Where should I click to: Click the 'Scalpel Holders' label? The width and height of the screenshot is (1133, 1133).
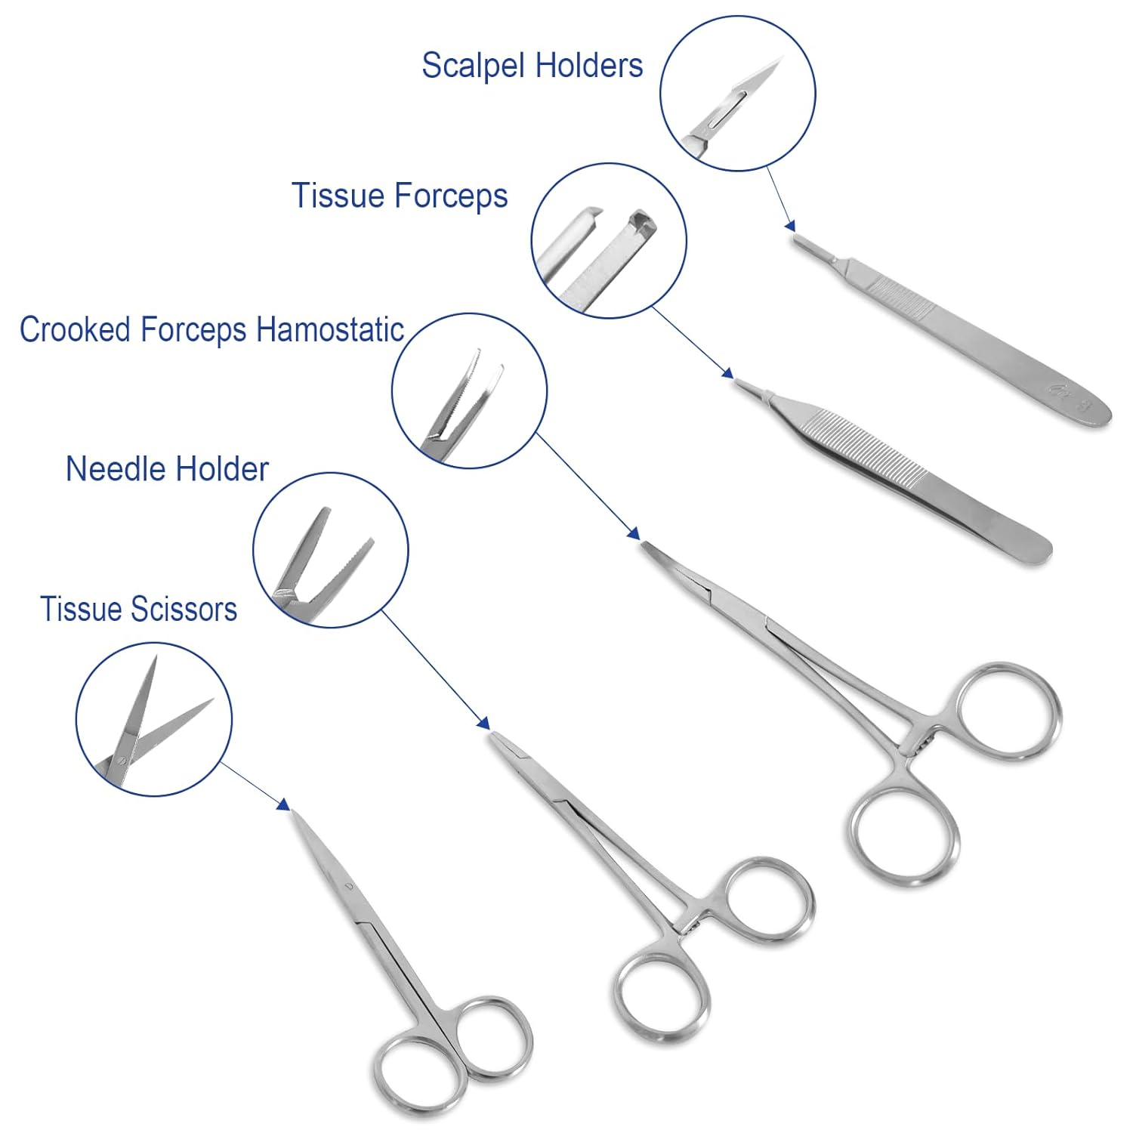(532, 66)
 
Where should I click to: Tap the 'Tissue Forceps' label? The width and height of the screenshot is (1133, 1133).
(399, 196)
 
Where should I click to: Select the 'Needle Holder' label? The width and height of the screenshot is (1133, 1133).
(167, 469)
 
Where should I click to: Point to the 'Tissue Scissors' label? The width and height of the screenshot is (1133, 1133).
(138, 609)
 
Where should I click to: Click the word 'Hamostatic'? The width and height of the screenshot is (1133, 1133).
(330, 330)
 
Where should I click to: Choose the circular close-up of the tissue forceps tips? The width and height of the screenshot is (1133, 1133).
(608, 240)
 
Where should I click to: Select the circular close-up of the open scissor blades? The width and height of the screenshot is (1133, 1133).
(153, 718)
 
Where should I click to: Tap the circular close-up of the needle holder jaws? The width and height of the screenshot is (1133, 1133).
(330, 550)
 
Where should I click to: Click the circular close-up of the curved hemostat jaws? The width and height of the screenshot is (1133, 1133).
(469, 391)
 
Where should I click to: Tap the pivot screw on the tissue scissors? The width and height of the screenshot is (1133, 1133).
(348, 885)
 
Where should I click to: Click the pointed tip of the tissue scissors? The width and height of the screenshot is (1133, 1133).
(295, 815)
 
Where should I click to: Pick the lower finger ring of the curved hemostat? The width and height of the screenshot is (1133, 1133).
(905, 836)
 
